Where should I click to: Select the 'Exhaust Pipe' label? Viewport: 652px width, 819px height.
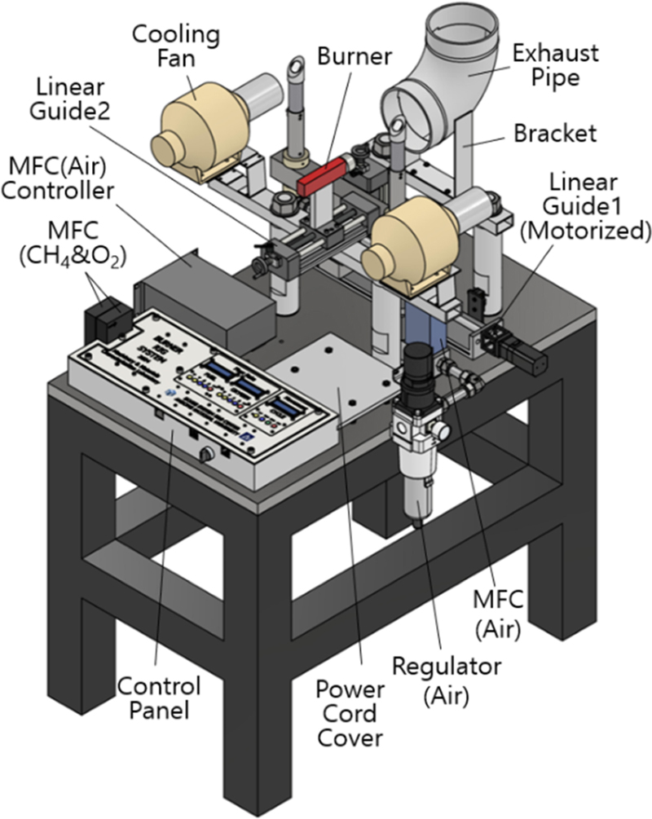tap(555, 65)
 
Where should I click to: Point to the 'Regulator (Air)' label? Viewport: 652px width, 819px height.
tap(447, 679)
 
